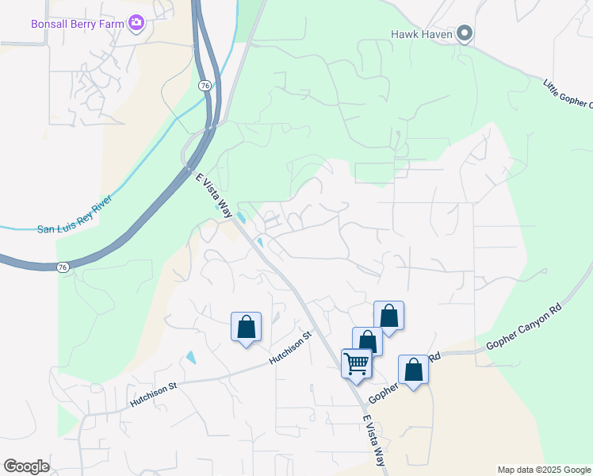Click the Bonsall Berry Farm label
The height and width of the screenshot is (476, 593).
[78, 24]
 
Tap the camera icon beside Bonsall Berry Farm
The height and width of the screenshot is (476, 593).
[136, 23]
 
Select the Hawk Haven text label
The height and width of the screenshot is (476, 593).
[421, 34]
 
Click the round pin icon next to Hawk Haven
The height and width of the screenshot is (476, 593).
[465, 33]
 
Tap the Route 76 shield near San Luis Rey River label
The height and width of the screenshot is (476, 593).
[62, 268]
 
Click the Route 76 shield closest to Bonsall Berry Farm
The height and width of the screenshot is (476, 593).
[205, 86]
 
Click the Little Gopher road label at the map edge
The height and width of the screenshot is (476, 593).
[568, 94]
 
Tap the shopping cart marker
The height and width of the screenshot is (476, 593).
[357, 364]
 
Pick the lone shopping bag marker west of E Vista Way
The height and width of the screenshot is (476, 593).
[246, 327]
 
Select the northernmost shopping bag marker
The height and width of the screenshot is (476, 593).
[388, 315]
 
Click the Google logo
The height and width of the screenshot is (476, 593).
[26, 466]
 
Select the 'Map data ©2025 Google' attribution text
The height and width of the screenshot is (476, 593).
[544, 470]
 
